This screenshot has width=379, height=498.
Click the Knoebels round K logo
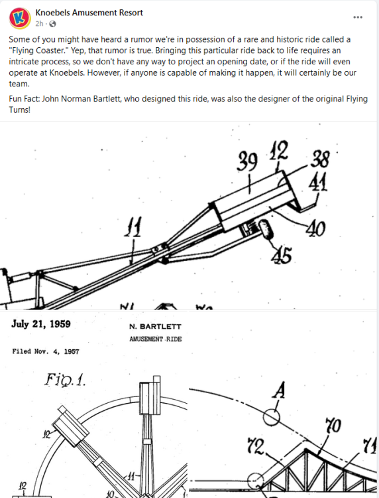click(20, 19)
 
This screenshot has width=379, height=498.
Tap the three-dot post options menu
click(358, 17)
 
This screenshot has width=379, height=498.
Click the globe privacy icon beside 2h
click(52, 24)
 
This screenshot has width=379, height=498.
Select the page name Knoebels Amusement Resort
click(89, 13)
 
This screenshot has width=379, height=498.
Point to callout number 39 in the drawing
click(247, 162)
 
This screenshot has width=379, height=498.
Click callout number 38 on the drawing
click(320, 159)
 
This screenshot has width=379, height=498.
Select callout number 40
click(315, 228)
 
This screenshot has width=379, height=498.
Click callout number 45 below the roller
click(282, 256)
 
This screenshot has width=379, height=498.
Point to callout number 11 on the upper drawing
click(133, 227)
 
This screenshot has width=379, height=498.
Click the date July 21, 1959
click(41, 324)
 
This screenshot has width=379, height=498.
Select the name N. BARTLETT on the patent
click(155, 327)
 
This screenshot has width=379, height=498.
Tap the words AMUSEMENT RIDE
click(156, 339)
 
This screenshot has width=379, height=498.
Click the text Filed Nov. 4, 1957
click(46, 351)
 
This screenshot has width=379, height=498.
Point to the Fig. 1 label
click(66, 380)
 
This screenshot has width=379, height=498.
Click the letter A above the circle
click(279, 390)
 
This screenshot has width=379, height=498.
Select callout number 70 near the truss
click(333, 426)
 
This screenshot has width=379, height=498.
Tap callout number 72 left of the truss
click(255, 446)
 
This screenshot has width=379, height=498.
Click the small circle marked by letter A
click(272, 417)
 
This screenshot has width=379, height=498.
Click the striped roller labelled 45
click(266, 229)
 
